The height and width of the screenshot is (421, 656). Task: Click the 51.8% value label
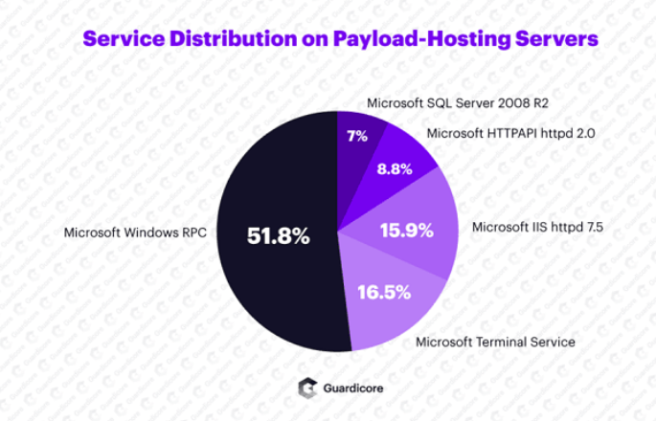[x=278, y=235]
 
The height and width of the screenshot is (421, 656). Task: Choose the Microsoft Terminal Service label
[x=494, y=342]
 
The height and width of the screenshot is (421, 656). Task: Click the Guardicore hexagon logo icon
[x=306, y=388]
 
